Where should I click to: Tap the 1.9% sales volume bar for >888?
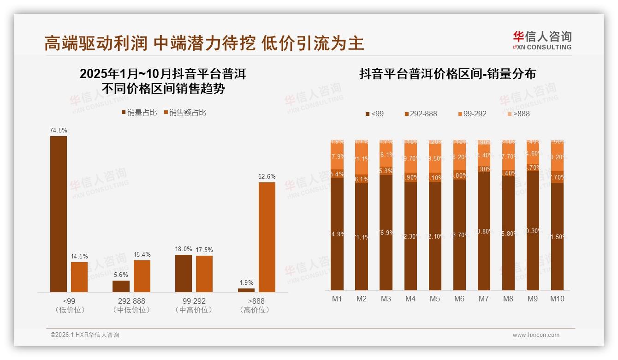pyautogui.click(x=246, y=290)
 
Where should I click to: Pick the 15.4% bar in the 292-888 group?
pyautogui.click(x=142, y=276)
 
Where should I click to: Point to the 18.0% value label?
pyautogui.click(x=184, y=249)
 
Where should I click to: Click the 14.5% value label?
pyautogui.click(x=79, y=256)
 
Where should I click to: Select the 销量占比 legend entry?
pyautogui.click(x=139, y=112)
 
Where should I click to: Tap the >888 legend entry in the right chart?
pyautogui.click(x=518, y=114)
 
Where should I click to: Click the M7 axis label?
pyautogui.click(x=483, y=299)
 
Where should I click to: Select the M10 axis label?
pyautogui.click(x=557, y=299)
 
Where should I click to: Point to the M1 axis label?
pyautogui.click(x=337, y=299)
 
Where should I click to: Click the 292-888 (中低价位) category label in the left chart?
pyautogui.click(x=131, y=305)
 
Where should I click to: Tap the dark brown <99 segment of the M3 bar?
pyautogui.click(x=386, y=232)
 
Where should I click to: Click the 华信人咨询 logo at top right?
pyautogui.click(x=542, y=40)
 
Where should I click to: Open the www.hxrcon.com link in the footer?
pyautogui.click(x=536, y=335)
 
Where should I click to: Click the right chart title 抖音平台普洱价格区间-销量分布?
pyautogui.click(x=447, y=74)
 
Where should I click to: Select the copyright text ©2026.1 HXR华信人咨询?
pyautogui.click(x=84, y=335)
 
